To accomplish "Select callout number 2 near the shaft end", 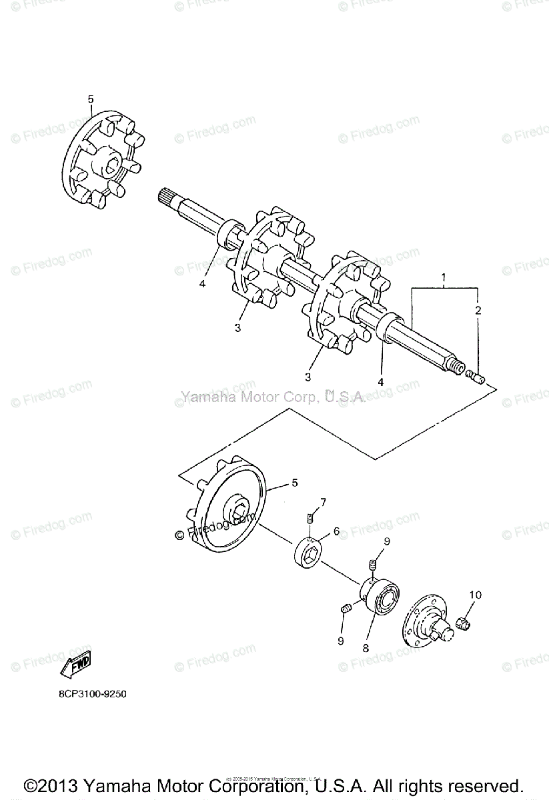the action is tap(477, 311).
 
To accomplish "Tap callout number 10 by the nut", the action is tap(475, 594).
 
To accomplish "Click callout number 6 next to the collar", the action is tap(336, 531).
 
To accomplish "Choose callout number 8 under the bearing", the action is tap(365, 647).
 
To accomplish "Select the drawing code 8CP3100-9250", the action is tap(92, 694).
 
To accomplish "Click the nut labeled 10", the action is tap(461, 623).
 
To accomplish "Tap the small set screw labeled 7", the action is tap(311, 518).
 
